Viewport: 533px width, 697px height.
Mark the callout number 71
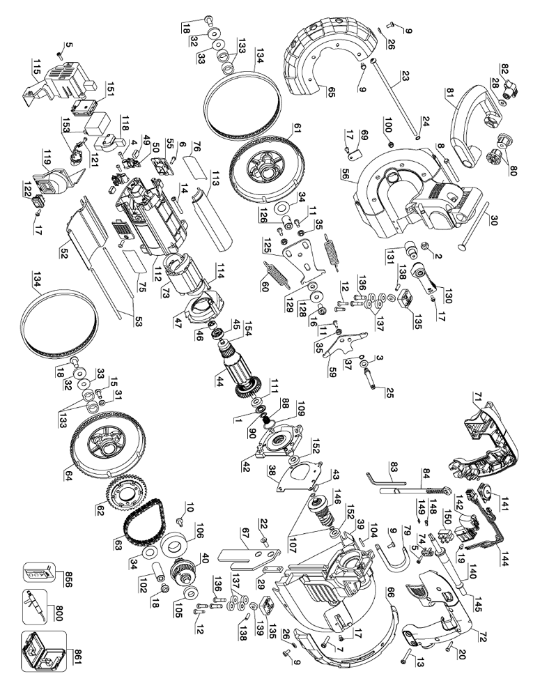(479, 398)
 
